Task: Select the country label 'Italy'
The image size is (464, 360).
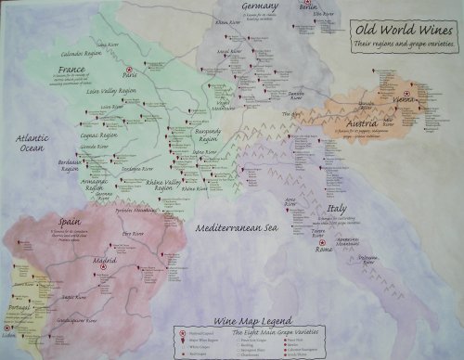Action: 337,209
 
